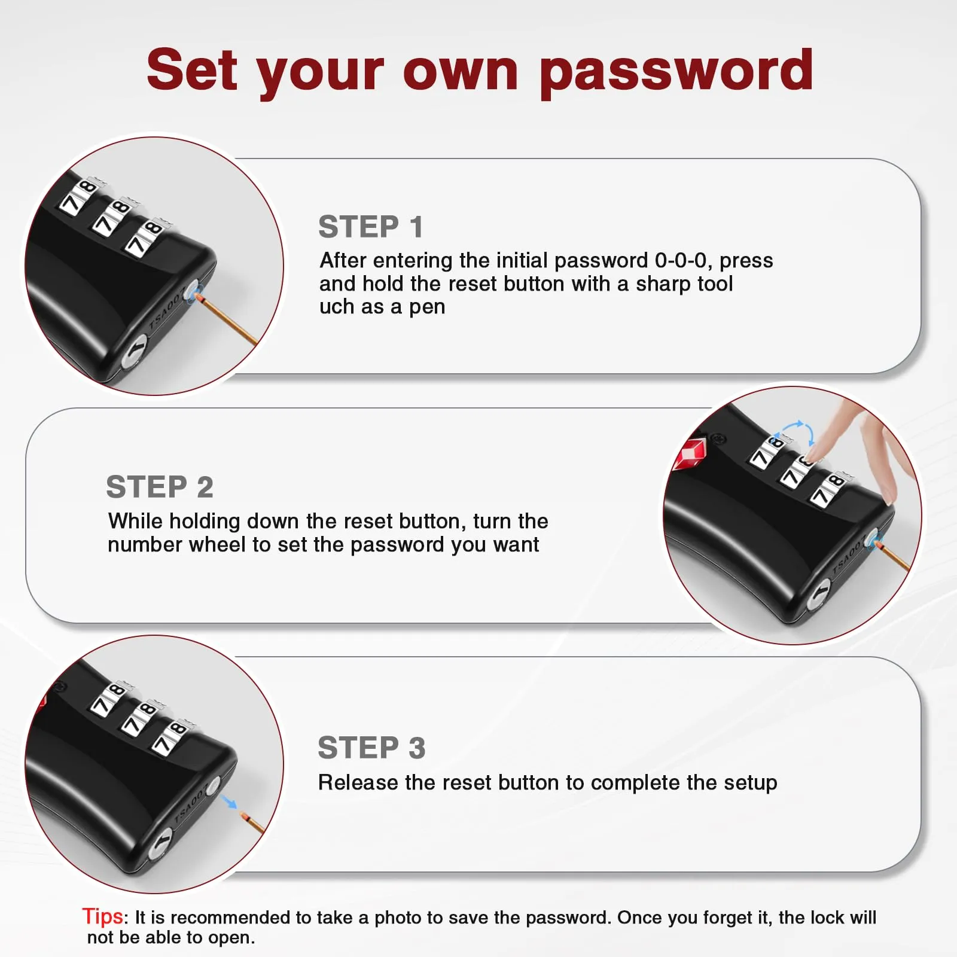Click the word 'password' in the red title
(676, 73)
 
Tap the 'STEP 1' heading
(371, 227)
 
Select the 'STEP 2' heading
(160, 487)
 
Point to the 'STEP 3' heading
(371, 748)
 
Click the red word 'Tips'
(103, 916)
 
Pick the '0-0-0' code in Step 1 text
(681, 260)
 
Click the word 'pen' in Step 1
(427, 307)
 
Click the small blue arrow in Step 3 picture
(228, 803)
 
